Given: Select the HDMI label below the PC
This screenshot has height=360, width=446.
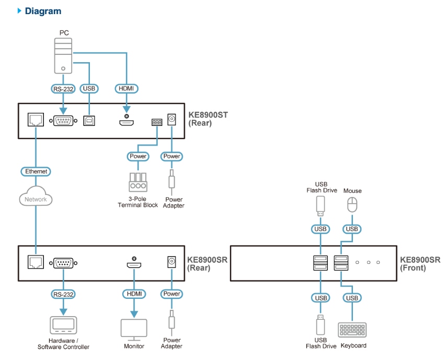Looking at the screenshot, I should click(x=127, y=89).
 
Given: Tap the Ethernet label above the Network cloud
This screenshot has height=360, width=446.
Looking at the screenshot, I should click(x=36, y=171).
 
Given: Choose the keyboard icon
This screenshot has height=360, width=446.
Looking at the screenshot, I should click(x=353, y=330).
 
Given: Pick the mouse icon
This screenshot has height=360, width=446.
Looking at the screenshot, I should click(x=352, y=204).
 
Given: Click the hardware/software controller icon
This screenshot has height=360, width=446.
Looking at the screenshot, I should click(x=63, y=326).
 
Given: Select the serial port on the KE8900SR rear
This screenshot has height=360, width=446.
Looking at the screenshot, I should click(x=63, y=263).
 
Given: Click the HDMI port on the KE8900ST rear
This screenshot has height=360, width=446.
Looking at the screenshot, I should click(x=126, y=123).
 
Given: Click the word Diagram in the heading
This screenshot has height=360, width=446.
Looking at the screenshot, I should click(x=43, y=11).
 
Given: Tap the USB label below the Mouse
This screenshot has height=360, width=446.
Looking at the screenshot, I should click(x=352, y=229).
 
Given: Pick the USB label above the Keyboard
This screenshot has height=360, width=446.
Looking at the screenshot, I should click(x=352, y=298).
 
